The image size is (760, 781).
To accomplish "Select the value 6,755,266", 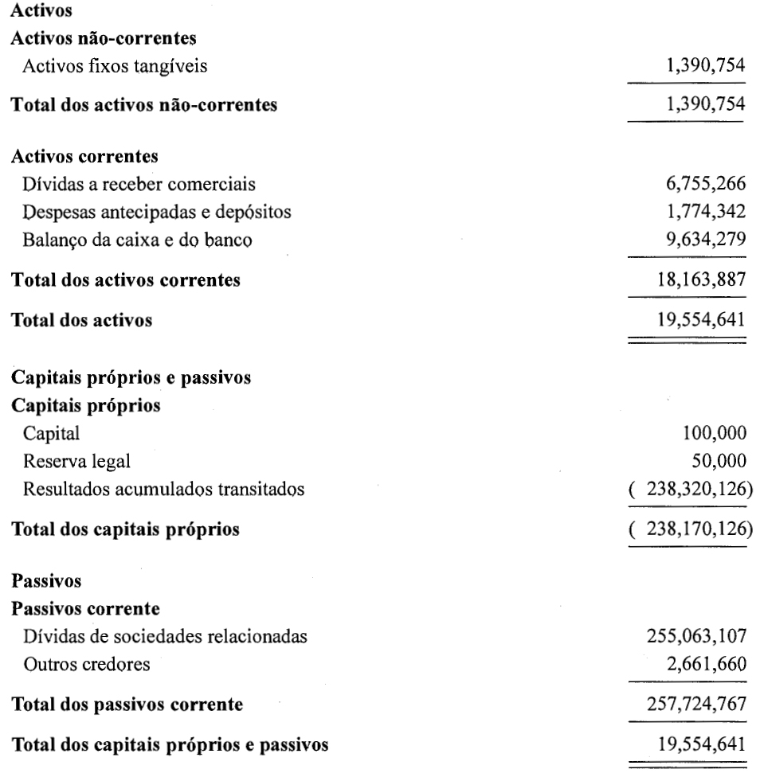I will [699, 185].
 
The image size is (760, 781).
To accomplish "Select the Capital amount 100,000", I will [713, 435].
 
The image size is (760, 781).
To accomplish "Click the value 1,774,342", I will [699, 213].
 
